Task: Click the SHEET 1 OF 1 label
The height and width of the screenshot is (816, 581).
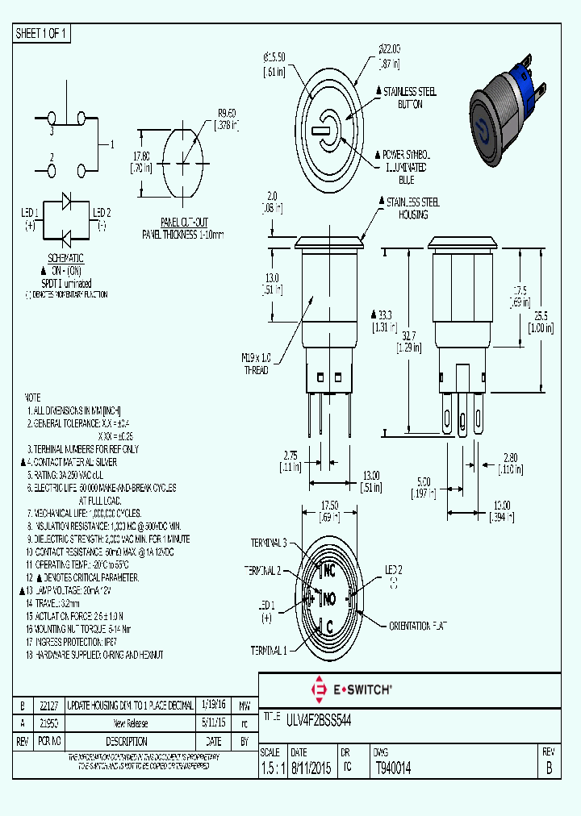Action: [x=41, y=34]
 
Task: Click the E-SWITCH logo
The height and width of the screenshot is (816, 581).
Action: [x=351, y=689]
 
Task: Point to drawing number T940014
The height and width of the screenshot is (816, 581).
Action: [x=394, y=768]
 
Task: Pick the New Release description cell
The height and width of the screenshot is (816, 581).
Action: [x=130, y=723]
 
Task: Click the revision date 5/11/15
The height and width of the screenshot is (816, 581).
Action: [x=213, y=723]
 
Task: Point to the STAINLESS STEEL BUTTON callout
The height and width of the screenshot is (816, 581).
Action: [x=410, y=98]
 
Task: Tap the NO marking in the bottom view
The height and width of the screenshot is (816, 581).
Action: [x=328, y=599]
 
